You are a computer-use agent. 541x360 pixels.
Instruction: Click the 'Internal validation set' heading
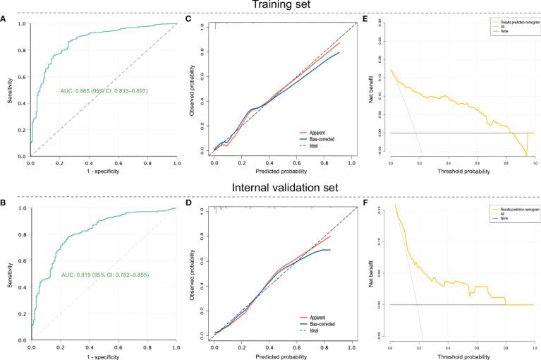[269, 188]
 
